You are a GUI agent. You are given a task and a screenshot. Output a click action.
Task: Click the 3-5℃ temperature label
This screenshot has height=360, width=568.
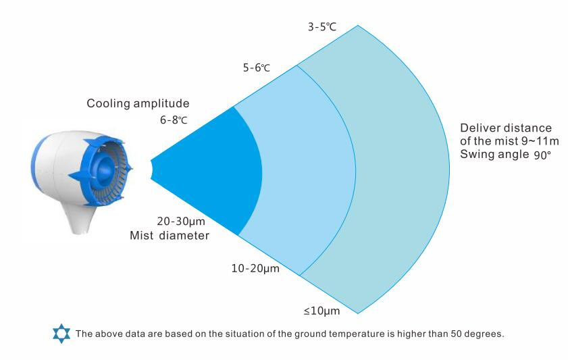(322, 27)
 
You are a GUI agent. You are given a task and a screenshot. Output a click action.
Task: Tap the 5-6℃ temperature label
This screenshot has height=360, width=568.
(257, 68)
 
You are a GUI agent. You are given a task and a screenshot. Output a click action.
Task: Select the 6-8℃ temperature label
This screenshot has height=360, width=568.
(174, 120)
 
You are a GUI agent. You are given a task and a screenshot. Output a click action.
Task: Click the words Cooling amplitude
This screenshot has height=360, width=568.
(138, 103)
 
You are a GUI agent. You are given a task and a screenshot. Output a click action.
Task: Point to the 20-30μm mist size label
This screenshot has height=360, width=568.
(181, 222)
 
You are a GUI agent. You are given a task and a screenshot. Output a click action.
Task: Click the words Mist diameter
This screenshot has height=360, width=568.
(170, 236)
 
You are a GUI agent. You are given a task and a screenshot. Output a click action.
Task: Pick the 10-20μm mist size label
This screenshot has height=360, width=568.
(255, 269)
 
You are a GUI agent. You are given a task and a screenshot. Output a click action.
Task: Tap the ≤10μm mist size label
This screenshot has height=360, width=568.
(321, 311)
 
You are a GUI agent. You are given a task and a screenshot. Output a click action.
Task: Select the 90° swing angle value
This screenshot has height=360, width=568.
(542, 155)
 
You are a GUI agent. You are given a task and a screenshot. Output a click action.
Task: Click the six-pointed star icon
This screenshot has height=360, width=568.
(61, 334)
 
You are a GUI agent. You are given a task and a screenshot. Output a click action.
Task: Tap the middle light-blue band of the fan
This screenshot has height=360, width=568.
(308, 170)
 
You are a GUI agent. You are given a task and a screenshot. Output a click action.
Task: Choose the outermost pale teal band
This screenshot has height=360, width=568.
(402, 170)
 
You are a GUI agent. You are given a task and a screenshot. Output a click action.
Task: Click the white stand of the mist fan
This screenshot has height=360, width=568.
(80, 217)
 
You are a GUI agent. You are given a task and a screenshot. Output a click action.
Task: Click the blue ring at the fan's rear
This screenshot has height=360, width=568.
(38, 163)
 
